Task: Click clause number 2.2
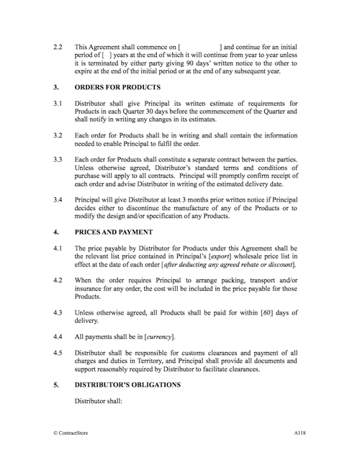(x=58, y=48)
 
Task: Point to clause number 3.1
(x=58, y=104)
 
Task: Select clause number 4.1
(x=58, y=248)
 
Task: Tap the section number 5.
(x=56, y=385)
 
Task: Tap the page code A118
(x=300, y=433)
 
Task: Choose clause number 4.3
(x=58, y=313)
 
